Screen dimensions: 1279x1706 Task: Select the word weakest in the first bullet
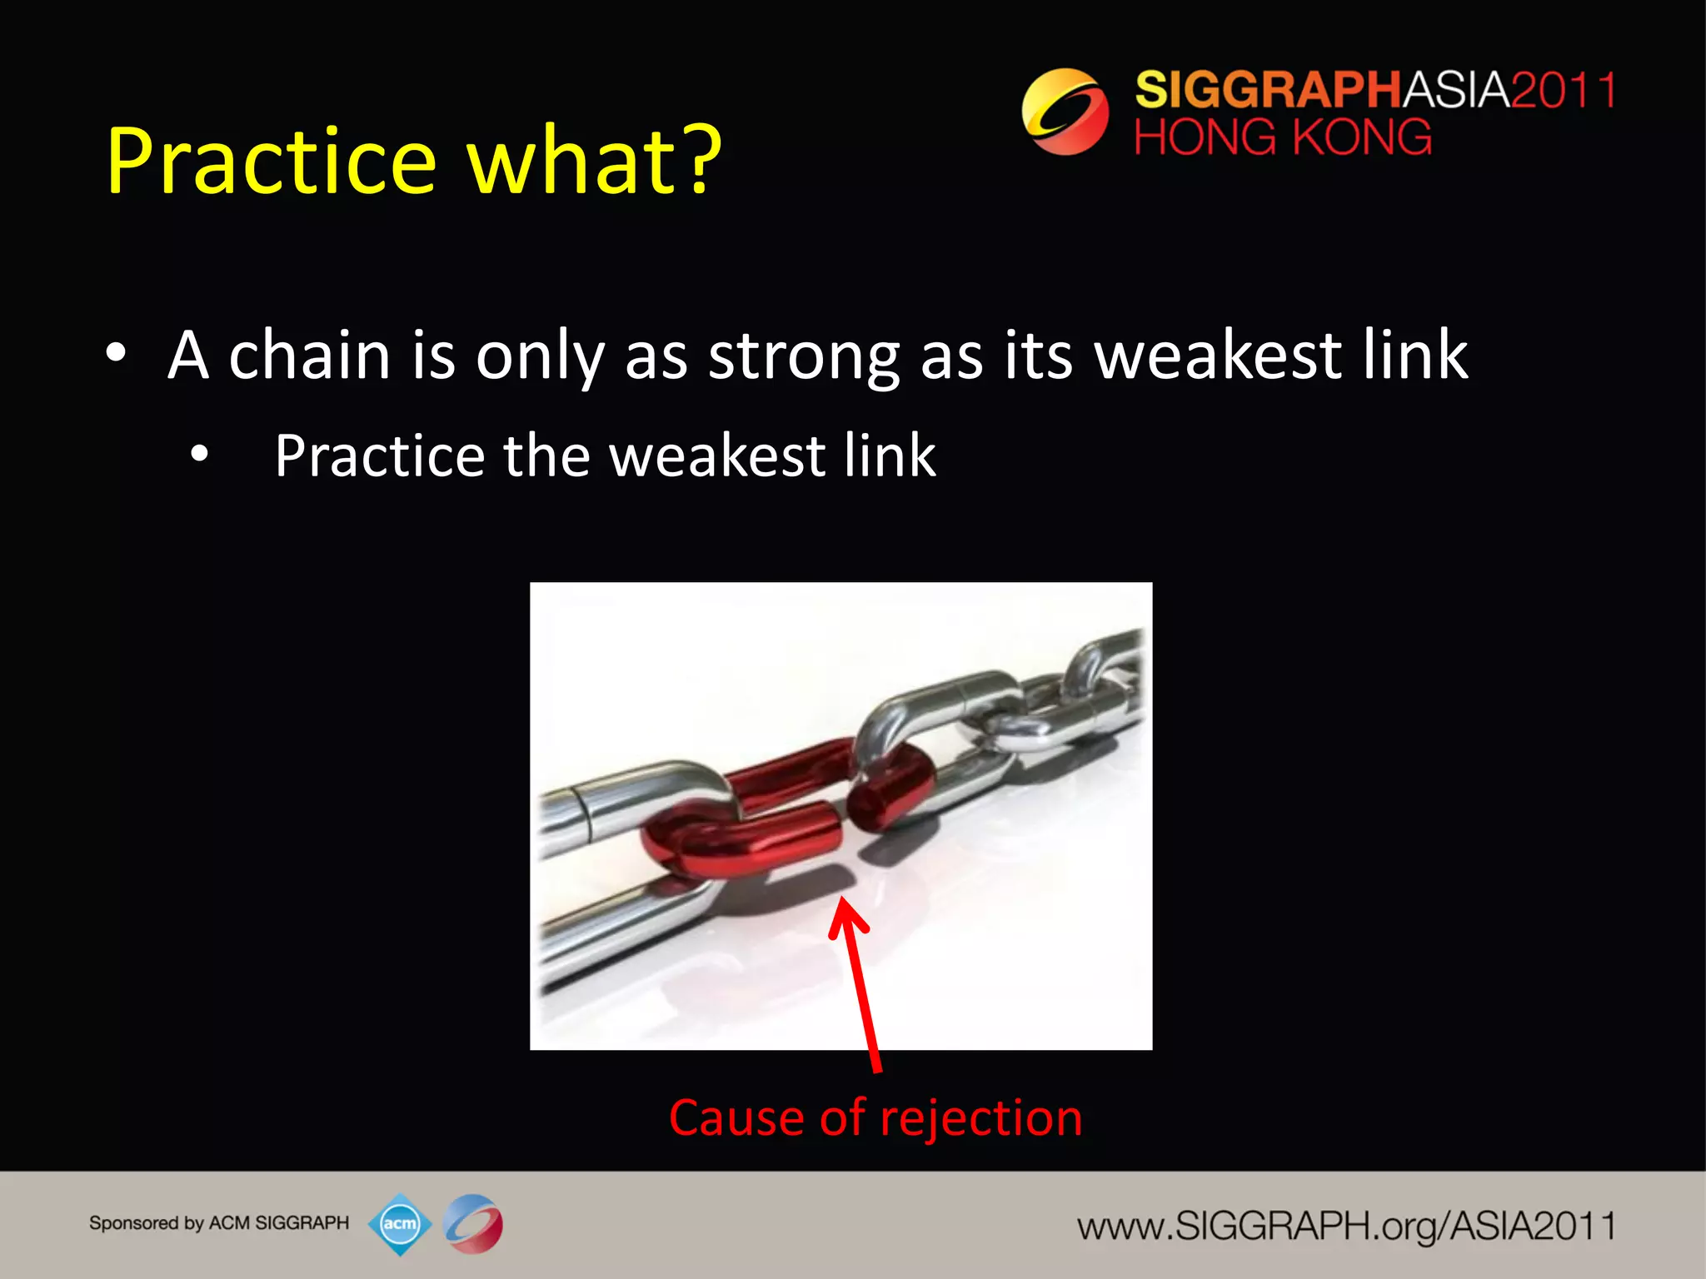(1216, 356)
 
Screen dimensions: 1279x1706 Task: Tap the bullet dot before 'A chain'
(116, 353)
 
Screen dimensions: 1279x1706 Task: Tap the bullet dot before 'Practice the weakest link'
(199, 455)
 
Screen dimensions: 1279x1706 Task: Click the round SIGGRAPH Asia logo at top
(1065, 112)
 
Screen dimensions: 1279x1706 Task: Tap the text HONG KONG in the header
(1283, 137)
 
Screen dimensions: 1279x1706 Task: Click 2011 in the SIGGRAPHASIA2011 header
(1563, 89)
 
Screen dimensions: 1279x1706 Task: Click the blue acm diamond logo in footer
(400, 1223)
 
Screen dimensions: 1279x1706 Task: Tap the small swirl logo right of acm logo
(473, 1223)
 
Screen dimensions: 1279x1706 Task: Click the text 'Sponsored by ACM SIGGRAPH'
(219, 1222)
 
